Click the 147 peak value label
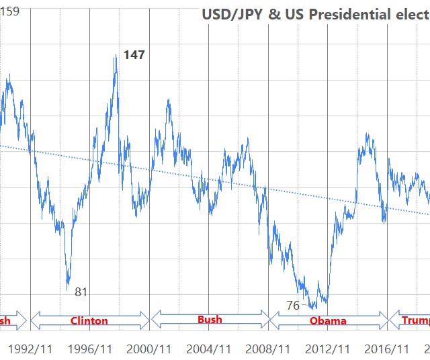click(134, 55)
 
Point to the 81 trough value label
click(81, 291)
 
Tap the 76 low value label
click(293, 305)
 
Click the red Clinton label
click(89, 321)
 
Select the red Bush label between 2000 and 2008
click(210, 319)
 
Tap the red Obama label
click(328, 321)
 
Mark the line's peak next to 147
click(116, 56)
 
